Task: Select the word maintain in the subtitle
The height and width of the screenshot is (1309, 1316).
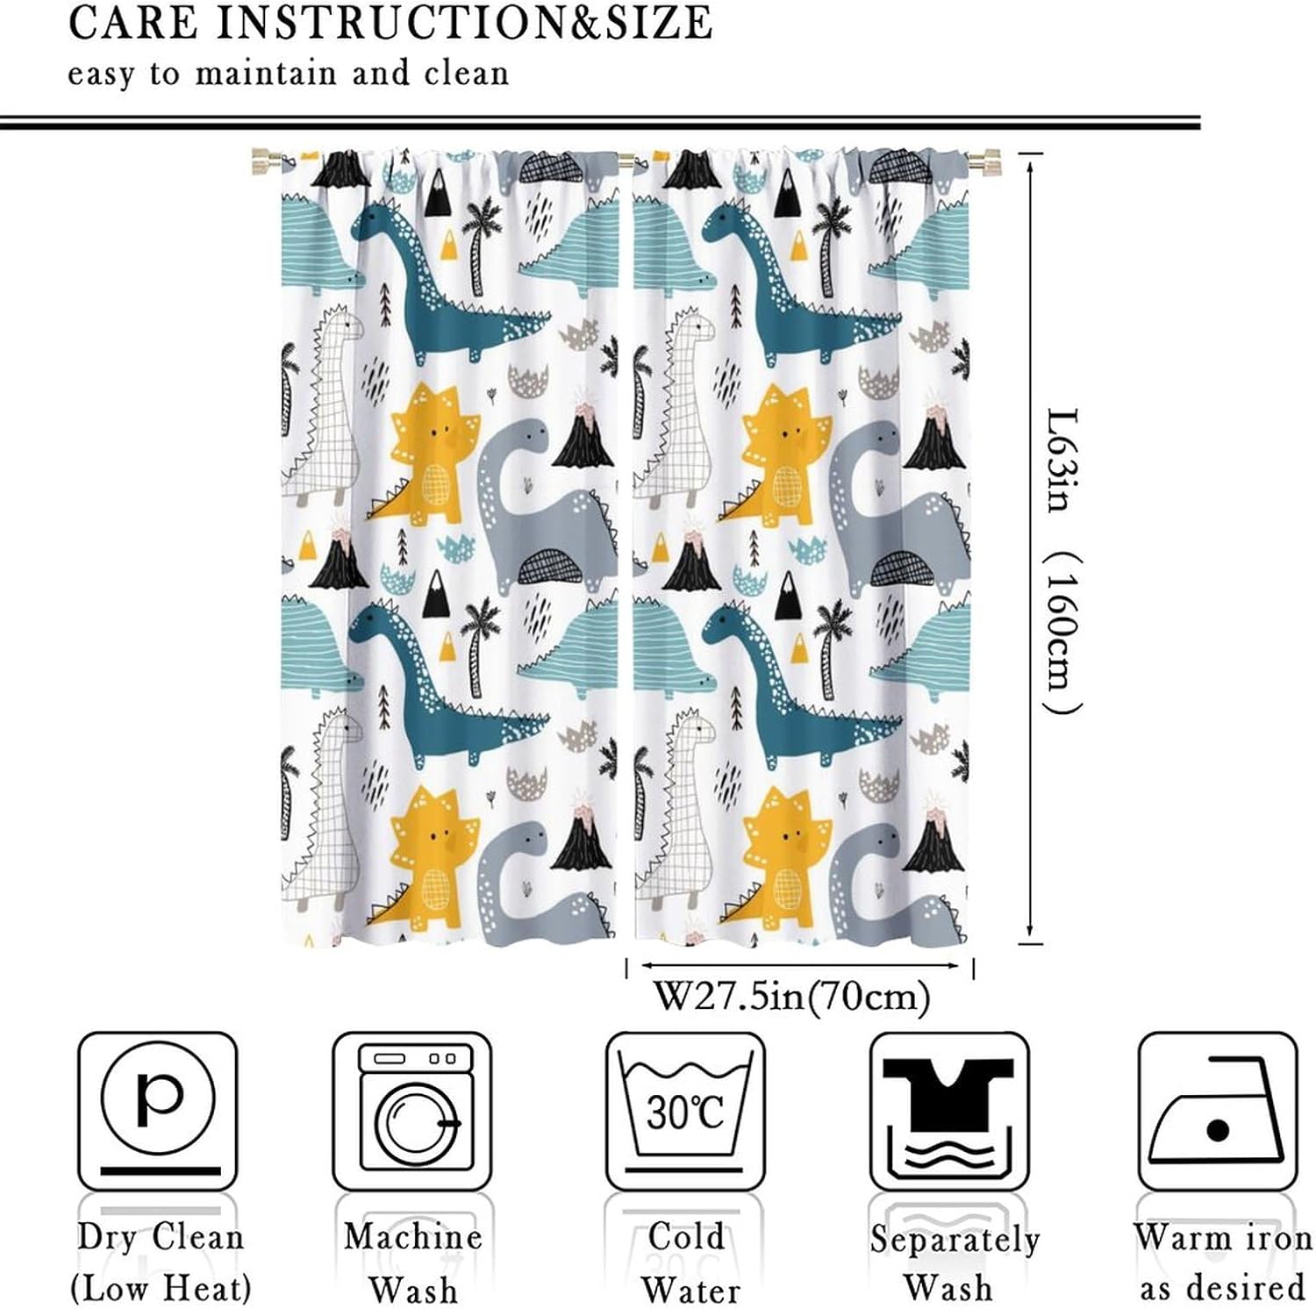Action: (266, 73)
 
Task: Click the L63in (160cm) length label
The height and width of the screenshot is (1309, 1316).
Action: (1063, 561)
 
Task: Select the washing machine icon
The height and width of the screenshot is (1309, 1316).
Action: (412, 1112)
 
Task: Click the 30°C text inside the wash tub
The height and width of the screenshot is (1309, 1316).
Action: (686, 1112)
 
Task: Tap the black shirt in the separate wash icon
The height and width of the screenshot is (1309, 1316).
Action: (948, 1093)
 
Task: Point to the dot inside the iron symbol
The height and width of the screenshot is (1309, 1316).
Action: (1218, 1130)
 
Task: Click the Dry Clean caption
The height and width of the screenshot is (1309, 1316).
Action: (160, 1237)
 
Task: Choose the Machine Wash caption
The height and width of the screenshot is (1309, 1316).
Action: (413, 1263)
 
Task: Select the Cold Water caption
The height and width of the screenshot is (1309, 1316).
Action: (688, 1263)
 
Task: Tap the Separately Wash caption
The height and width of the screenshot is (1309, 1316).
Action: (955, 1263)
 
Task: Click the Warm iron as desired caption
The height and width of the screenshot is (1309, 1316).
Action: (1222, 1263)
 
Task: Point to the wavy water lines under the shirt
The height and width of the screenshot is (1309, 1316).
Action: (948, 1155)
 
